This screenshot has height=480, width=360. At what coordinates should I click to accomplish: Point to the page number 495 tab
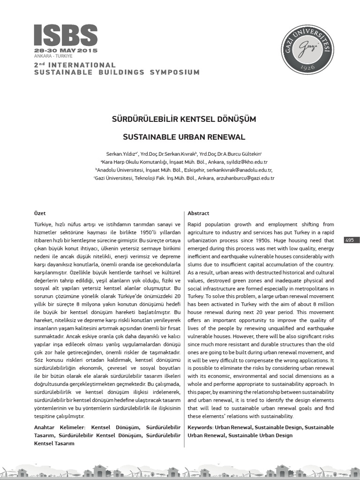point(350,240)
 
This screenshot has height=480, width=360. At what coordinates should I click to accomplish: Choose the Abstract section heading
point(198,213)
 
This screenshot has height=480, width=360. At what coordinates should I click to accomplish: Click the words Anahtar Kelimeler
point(60,427)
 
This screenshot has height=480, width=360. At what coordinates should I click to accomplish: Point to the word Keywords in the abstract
point(200,427)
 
